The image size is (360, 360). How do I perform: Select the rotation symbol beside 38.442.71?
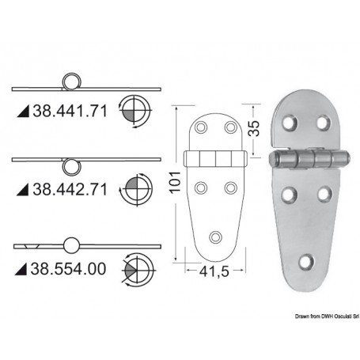[135, 190]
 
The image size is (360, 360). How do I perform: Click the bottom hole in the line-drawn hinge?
[217, 236]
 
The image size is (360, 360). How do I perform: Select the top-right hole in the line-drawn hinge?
[229, 127]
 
